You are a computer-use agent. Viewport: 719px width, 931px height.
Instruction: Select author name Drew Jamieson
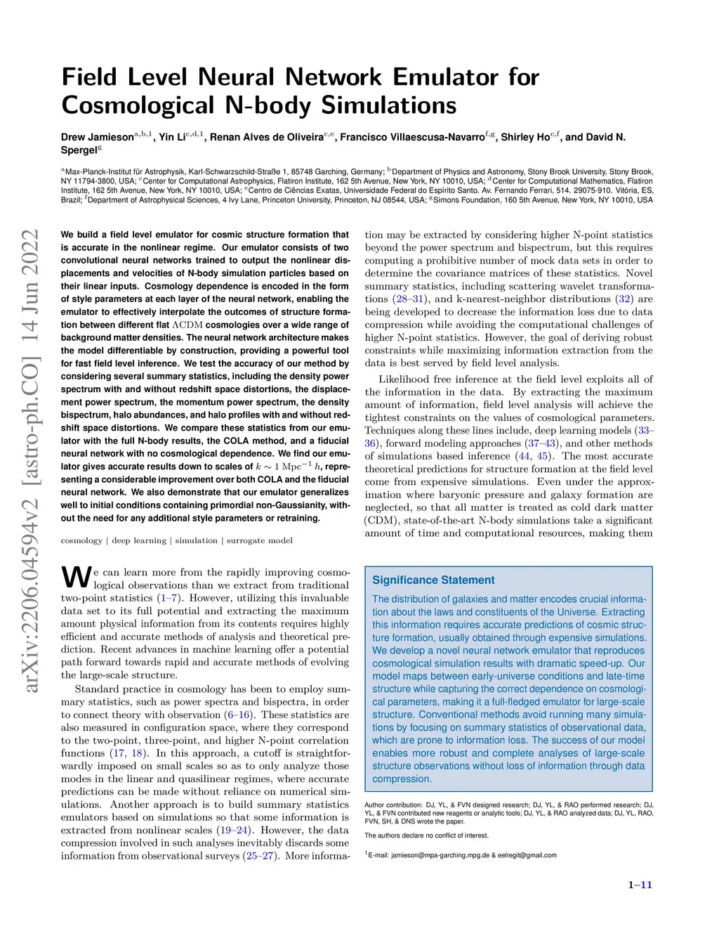pyautogui.click(x=97, y=137)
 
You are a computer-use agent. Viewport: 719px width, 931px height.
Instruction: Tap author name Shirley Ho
pyautogui.click(x=525, y=137)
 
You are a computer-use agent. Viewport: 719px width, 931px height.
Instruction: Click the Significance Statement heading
pyautogui.click(x=433, y=580)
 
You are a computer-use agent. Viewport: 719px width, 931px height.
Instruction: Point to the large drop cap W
pyautogui.click(x=77, y=577)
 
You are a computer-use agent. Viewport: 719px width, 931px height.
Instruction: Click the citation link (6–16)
pyautogui.click(x=239, y=715)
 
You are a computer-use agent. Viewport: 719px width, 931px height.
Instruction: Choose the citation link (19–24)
pyautogui.click(x=235, y=830)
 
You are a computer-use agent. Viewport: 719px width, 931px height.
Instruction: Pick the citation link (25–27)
pyautogui.click(x=259, y=856)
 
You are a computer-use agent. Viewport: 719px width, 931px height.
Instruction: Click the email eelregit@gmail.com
pyautogui.click(x=527, y=855)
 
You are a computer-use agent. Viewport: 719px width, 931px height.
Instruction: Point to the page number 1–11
pyautogui.click(x=640, y=885)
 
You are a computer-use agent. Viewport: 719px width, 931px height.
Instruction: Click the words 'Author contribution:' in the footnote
pyautogui.click(x=393, y=805)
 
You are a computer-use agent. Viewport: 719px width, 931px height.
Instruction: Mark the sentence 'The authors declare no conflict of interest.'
pyautogui.click(x=427, y=835)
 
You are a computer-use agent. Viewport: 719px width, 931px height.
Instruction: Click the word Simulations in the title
pyautogui.click(x=389, y=105)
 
